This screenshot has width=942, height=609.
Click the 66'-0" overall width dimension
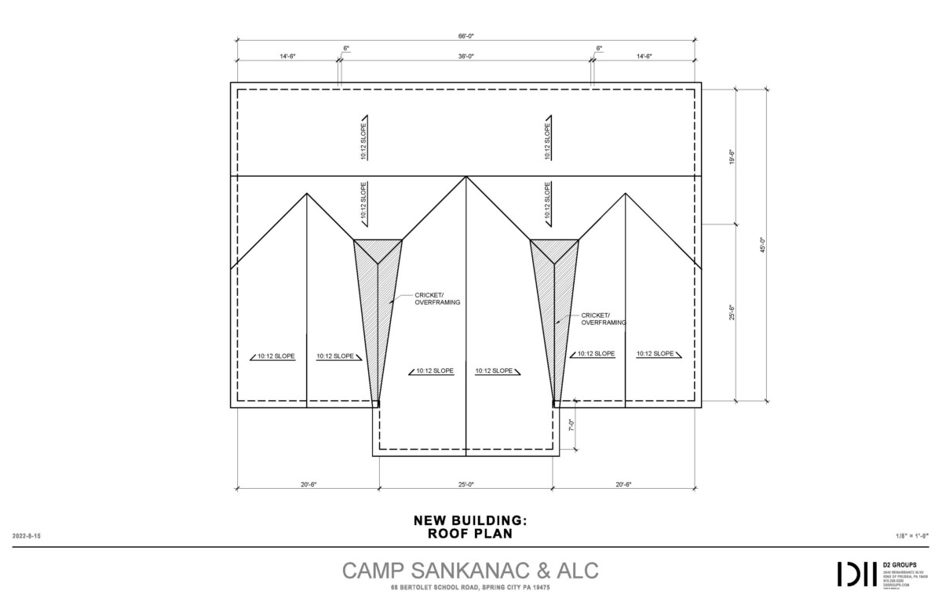click(466, 36)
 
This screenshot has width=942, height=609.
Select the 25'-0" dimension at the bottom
click(466, 484)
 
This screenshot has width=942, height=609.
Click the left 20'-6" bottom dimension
click(309, 484)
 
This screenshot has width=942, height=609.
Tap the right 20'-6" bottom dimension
click(623, 484)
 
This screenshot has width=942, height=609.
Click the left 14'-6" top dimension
click(288, 57)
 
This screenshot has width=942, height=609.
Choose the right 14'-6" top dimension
click(644, 57)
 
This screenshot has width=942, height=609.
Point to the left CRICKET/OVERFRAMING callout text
click(437, 299)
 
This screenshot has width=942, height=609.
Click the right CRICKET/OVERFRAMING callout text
click(604, 319)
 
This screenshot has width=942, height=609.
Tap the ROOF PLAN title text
click(469, 534)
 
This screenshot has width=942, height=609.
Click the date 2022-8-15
click(27, 535)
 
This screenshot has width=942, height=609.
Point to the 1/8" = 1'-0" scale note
click(911, 535)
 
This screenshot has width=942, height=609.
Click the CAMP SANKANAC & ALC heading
click(469, 571)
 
